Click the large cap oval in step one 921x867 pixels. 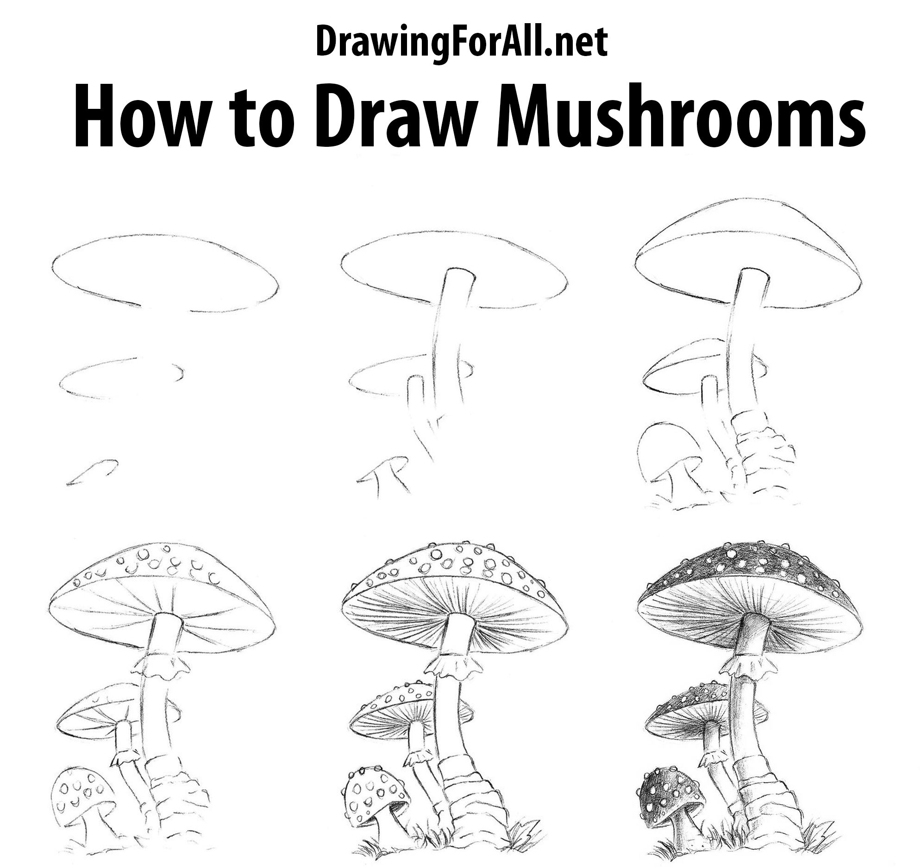pos(165,271)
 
